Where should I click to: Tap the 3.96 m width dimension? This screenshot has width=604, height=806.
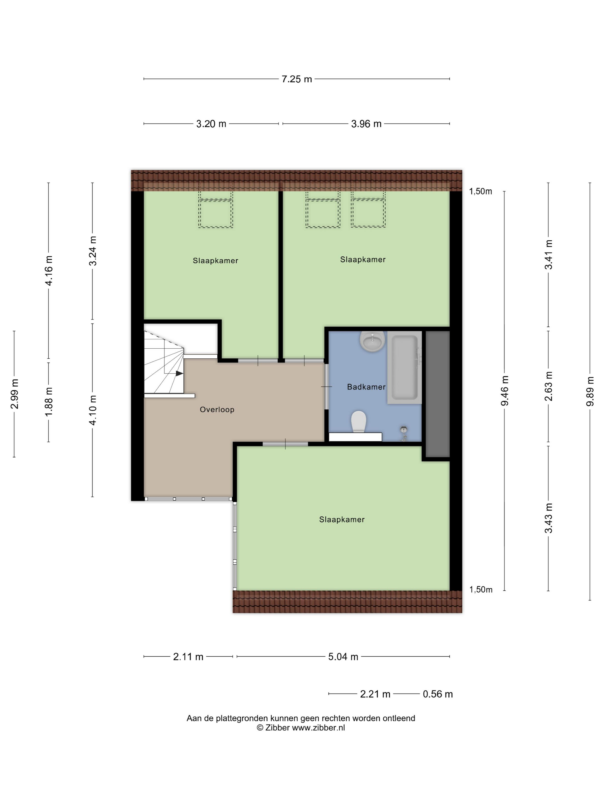366,124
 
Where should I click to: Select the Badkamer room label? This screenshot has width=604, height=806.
366,387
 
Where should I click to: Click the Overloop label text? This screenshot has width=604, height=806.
217,410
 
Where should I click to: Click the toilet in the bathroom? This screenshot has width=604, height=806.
358,422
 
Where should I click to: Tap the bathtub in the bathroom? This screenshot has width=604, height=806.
404,367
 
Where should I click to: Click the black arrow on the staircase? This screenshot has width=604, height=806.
179,373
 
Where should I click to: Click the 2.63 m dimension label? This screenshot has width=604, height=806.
548,386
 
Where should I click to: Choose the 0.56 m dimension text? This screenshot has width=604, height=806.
438,694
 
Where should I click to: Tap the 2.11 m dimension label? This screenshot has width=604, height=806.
188,657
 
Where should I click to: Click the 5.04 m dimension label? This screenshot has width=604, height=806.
343,657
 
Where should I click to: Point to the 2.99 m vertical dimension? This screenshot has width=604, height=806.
15,394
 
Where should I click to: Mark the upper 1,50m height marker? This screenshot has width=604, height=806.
480,191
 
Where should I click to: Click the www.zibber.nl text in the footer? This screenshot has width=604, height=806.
318,728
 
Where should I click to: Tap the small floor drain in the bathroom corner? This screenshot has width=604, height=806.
404,432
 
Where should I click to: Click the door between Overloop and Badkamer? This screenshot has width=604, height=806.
326,386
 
